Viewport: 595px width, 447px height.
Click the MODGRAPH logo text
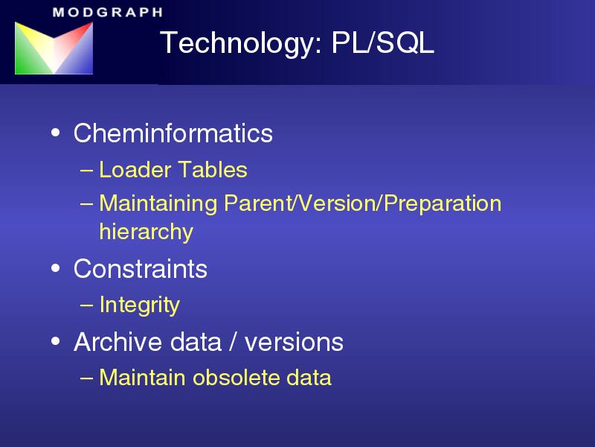tap(108, 12)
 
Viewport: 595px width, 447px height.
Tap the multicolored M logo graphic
tap(54, 48)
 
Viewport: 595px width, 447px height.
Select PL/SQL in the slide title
tap(382, 42)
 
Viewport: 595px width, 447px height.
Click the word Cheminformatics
tap(173, 133)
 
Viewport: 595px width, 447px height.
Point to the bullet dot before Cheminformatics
tap(55, 133)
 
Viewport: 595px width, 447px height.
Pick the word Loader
tap(135, 169)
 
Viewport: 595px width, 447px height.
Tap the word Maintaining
tap(158, 203)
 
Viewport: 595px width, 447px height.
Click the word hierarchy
tap(147, 231)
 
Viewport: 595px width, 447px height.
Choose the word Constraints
tap(141, 269)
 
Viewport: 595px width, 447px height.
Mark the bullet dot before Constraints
tap(55, 268)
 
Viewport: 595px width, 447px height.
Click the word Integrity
tap(140, 305)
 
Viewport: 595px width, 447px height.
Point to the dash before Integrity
tap(86, 305)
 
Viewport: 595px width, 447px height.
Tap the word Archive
tap(119, 341)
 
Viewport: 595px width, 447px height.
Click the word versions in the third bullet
tap(294, 343)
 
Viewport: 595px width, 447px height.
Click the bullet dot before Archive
tap(55, 341)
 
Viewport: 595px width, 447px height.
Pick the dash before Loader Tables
tap(86, 170)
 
